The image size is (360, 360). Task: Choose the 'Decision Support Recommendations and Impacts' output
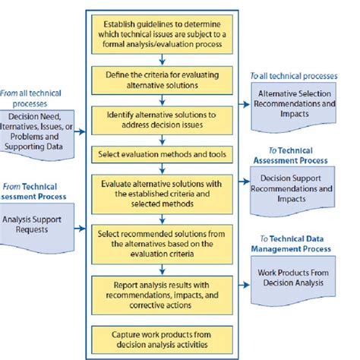click(295, 188)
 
